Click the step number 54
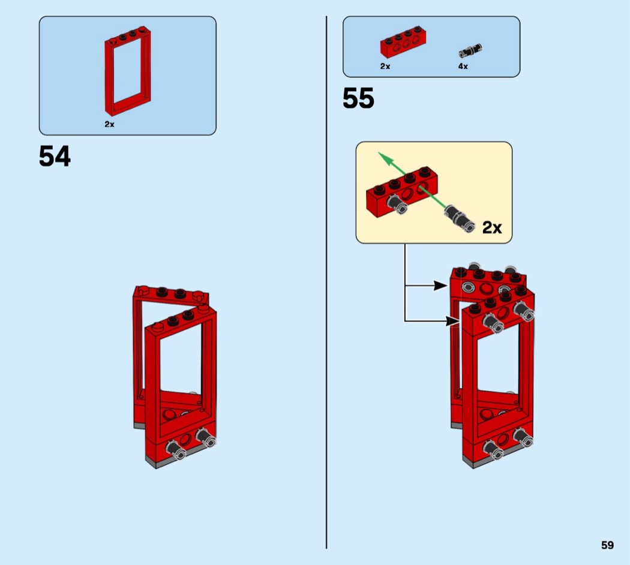[x=55, y=156]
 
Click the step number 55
[x=358, y=98]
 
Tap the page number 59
[x=607, y=545]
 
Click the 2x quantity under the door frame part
[x=109, y=125]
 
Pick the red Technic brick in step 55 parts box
[x=403, y=43]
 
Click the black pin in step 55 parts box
[x=470, y=51]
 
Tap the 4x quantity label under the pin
[x=463, y=66]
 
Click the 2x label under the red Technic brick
[x=385, y=66]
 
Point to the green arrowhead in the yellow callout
[x=385, y=158]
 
